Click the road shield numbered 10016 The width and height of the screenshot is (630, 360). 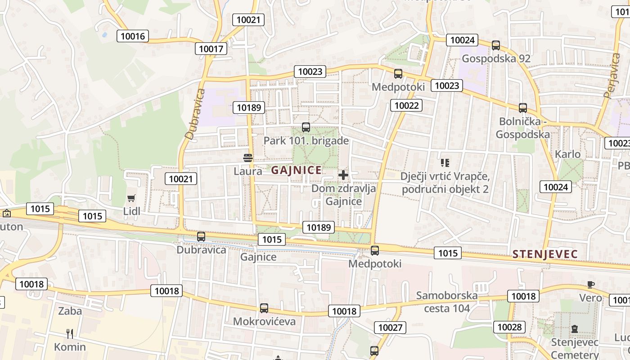coord(133,36)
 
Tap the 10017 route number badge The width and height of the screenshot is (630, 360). coord(211,49)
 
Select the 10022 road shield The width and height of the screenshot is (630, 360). coord(407,106)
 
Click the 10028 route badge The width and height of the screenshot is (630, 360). coord(509,327)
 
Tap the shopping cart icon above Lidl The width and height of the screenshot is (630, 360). coord(131,198)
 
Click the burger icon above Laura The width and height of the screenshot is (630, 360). coord(247,158)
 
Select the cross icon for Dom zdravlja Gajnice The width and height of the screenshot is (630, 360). coord(343,175)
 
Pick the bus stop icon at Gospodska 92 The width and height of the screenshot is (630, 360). coord(495,45)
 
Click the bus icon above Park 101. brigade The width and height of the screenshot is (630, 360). coord(306,127)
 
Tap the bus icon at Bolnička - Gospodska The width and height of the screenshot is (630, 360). coord(522,108)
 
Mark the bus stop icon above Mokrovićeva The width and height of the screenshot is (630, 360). coord(264,308)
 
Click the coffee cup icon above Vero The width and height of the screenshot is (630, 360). coord(590,284)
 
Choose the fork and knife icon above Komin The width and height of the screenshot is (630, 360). coord(70,333)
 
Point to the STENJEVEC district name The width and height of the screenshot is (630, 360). coord(545,254)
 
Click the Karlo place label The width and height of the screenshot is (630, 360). coord(567,154)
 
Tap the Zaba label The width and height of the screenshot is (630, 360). coord(70,311)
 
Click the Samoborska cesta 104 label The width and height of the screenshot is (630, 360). coord(446,302)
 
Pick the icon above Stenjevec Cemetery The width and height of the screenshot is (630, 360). coord(575,329)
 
